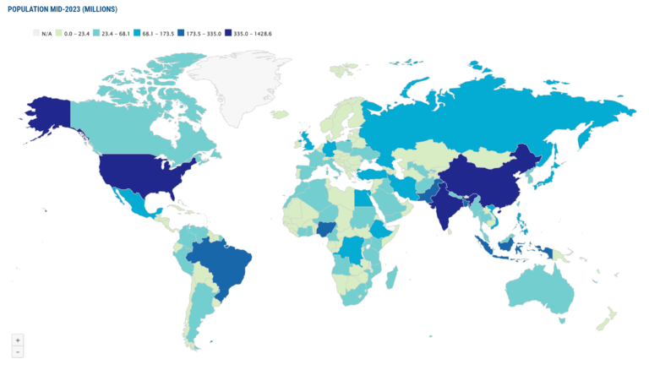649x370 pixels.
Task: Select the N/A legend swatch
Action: point(36,33)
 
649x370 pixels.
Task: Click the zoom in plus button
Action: point(18,340)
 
